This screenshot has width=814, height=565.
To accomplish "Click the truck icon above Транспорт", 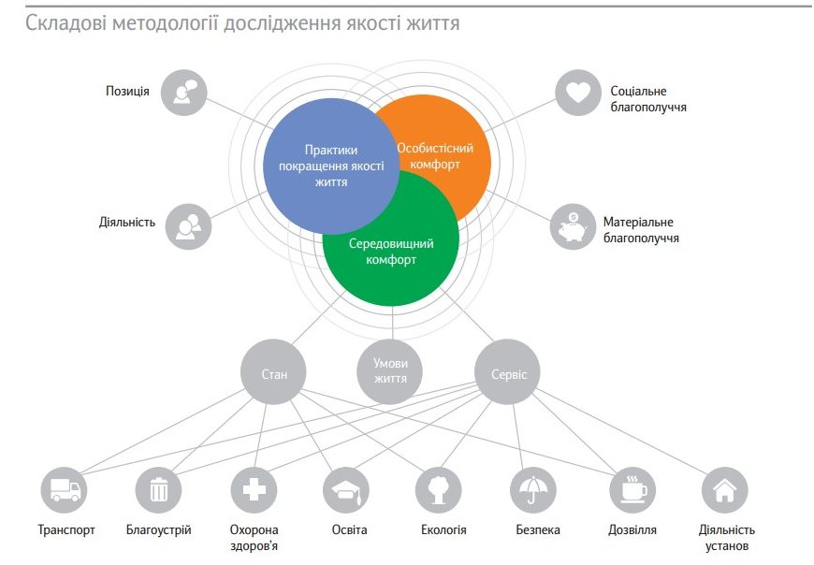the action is pos(65,490).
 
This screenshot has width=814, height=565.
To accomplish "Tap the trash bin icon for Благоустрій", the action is pos(159,490).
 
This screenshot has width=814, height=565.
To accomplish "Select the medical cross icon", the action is pos(254,490).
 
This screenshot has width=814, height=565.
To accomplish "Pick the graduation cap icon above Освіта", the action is pos(346,490).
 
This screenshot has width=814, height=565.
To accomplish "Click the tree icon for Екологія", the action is pos(439,490).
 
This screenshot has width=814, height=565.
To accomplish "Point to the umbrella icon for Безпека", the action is pos(533,490).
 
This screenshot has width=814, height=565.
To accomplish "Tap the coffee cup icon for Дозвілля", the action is pos(632,490).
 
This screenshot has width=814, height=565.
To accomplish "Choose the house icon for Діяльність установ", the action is pos(725,490).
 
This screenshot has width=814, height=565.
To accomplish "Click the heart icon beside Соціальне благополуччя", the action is pos(578,93).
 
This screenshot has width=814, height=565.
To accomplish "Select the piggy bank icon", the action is pos(574,226).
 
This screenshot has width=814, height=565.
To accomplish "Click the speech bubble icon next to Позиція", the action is pos(183,93).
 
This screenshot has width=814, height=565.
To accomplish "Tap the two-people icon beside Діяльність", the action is pos(188,226).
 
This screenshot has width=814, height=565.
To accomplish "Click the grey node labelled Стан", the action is pos(273,372).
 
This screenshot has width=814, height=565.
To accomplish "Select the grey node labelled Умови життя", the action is pos(390,372).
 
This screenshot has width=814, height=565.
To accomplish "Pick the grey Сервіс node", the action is pos(508,372).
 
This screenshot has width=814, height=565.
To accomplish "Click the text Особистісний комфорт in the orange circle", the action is pos(435,156).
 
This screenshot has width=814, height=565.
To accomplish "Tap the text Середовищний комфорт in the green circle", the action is pos(391,252).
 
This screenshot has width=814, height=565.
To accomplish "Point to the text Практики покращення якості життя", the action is pos(331,166).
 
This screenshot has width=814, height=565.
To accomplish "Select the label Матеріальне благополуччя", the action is pos(641,230).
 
